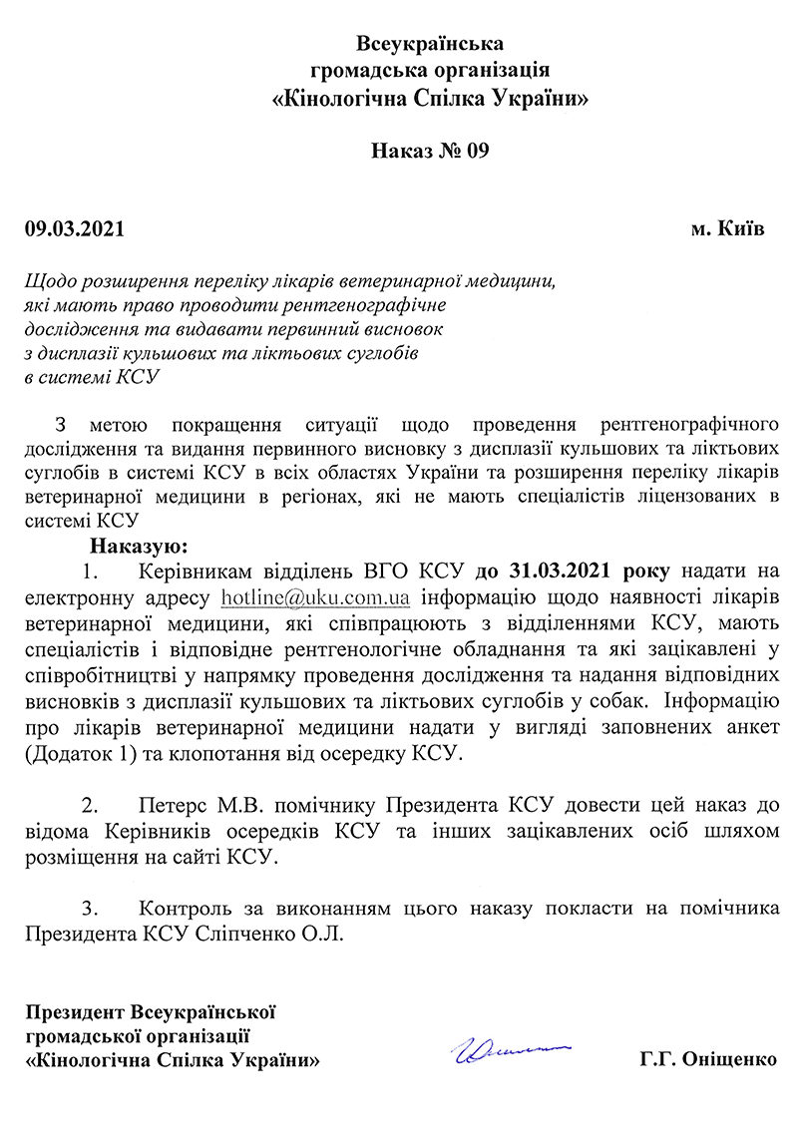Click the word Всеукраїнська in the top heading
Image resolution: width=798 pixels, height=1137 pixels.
point(431,44)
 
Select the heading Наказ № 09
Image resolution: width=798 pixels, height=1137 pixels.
point(431,152)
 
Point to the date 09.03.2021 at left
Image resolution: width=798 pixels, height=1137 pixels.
point(75,228)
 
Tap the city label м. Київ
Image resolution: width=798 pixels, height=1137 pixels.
point(728,228)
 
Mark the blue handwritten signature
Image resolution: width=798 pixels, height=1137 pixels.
point(509,1051)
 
